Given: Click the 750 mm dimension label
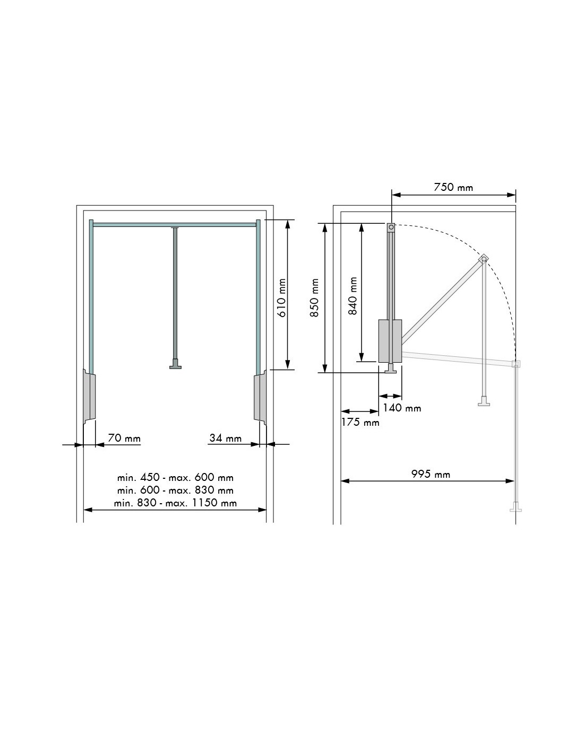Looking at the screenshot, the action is pos(453,187).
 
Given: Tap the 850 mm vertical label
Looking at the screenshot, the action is pos(315,297).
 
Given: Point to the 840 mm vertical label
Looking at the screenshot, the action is pos(353,296).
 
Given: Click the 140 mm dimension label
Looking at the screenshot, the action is pos(402,408).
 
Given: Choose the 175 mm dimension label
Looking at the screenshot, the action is pos(360,422).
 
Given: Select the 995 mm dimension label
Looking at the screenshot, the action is pos(431,474).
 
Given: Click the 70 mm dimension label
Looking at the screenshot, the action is pos(124,438).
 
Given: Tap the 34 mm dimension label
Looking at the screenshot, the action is pos(226,438).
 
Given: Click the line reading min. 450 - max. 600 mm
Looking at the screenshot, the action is pos(175,478).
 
